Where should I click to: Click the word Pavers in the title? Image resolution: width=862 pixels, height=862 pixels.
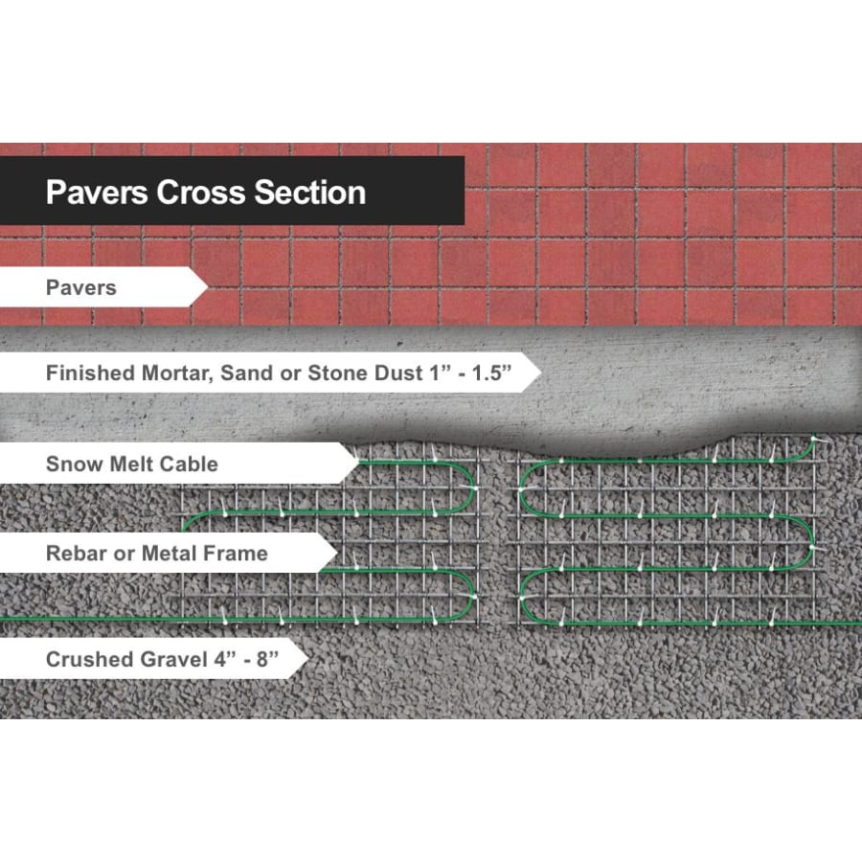(x=97, y=193)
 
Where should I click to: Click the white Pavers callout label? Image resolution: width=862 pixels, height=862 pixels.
(x=103, y=287)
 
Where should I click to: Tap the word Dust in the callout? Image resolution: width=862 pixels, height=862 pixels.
(x=399, y=373)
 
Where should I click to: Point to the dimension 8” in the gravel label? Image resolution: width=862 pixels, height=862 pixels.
(x=267, y=659)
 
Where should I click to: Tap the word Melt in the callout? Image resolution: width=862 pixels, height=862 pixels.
(x=131, y=464)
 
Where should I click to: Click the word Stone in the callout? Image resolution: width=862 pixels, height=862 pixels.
(x=338, y=373)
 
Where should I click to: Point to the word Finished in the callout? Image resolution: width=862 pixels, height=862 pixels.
(x=90, y=373)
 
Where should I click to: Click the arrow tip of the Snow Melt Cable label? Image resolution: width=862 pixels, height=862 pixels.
(x=359, y=464)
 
